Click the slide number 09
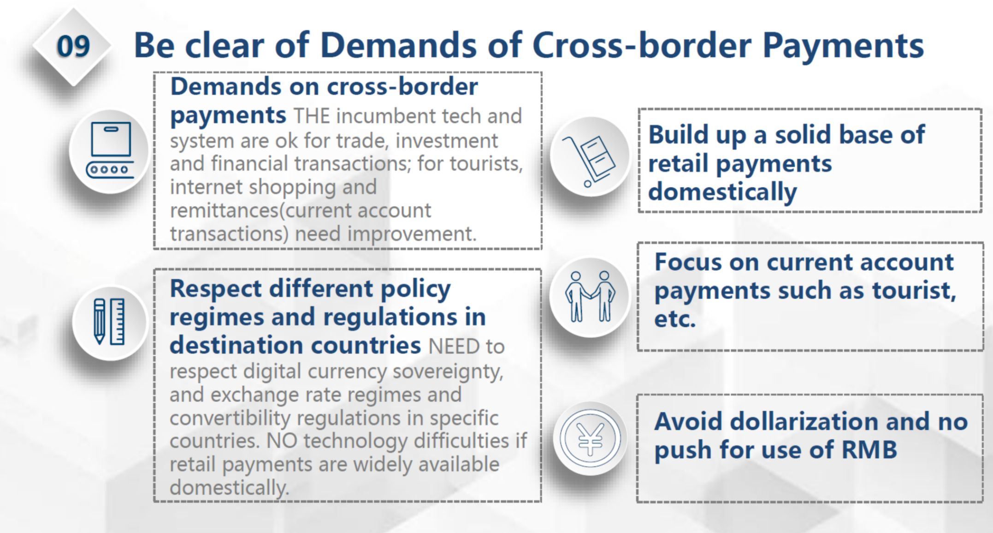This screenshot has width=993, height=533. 73,47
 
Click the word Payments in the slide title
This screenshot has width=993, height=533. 843,46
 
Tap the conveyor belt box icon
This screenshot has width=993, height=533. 110,150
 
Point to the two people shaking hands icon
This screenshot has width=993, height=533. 590,296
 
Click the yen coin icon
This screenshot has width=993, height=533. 590,438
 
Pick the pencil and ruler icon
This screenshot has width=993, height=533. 109,322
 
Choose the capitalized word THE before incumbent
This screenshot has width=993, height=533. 312,116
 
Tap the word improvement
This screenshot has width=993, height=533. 412,234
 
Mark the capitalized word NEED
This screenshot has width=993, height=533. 454,347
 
